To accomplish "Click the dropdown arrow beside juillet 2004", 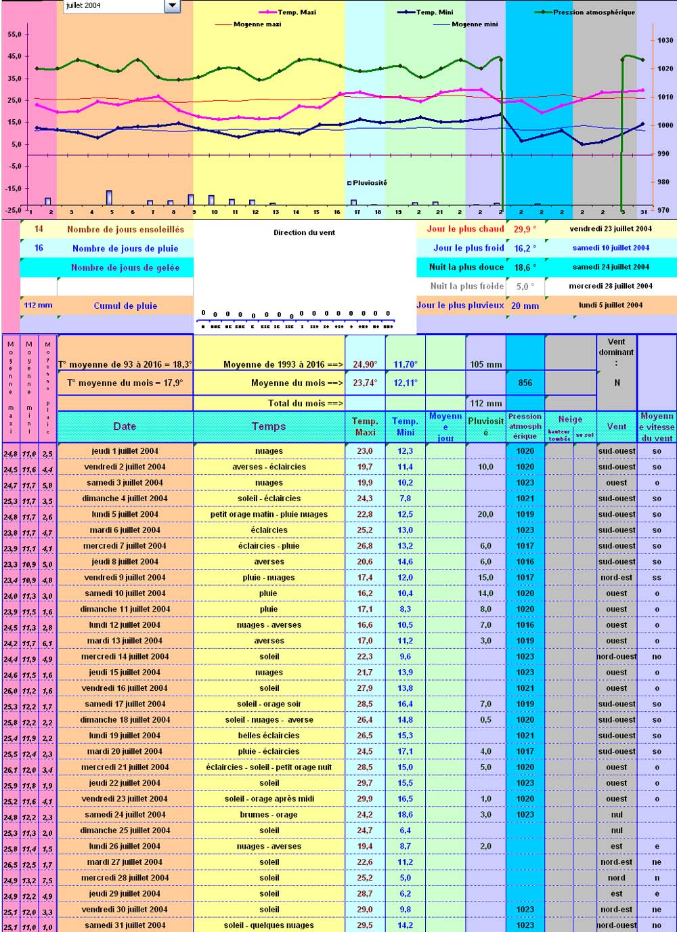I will point(172,6).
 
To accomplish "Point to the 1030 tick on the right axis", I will point(665,40).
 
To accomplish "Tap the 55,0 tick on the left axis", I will point(14,35).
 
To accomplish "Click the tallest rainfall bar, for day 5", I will point(109,197).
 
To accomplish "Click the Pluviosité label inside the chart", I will point(370,183).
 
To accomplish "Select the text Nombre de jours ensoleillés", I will point(125,230).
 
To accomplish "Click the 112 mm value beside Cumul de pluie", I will point(38,305).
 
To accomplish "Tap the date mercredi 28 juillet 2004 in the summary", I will point(611,286).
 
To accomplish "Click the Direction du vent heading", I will point(304,232).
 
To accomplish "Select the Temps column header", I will point(269,427).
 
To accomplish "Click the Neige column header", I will point(570,419).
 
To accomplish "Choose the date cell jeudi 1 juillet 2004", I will point(125,451).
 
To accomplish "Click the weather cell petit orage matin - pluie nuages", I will point(269,514).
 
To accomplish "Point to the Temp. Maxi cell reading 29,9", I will point(365,799).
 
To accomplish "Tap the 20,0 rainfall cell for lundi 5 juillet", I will point(485,514).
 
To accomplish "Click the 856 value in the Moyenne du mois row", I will point(525,383).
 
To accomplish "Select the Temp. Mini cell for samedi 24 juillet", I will point(405,815).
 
